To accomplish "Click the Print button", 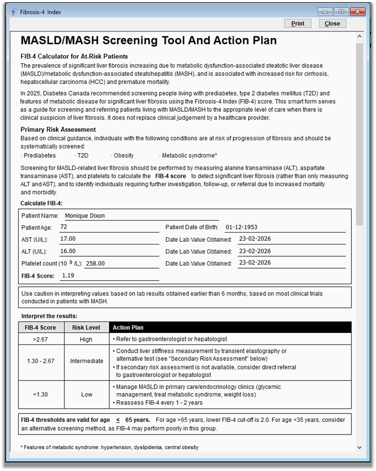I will pos(298,24).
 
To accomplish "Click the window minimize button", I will pos(325,12).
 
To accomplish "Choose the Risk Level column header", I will pos(86,327).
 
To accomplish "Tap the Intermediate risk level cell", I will pos(87,361).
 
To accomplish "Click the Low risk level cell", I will pos(87,394).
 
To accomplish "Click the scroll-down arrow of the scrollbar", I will pos(360,447).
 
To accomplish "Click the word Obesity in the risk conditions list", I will pos(124,156).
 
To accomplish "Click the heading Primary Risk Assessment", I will pos(58,130).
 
